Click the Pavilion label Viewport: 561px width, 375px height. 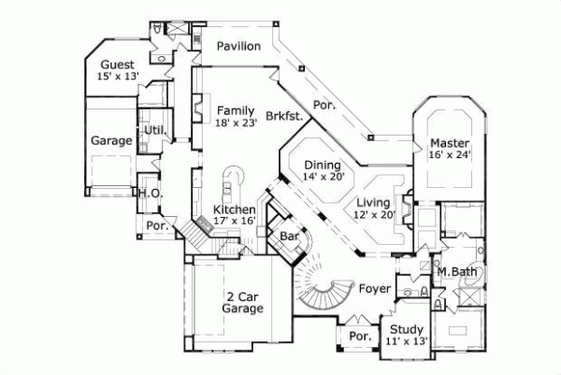pos(233,47)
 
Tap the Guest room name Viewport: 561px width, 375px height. pos(116,65)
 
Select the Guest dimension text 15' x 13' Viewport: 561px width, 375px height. pos(117,77)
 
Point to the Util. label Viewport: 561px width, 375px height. pos(152,130)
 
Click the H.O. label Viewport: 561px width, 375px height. pos(151,194)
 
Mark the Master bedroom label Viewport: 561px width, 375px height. pos(448,143)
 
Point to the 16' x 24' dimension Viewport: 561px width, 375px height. pos(450,155)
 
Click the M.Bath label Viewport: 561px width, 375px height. pos(458,271)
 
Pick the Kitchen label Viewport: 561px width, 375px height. pos(234,209)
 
